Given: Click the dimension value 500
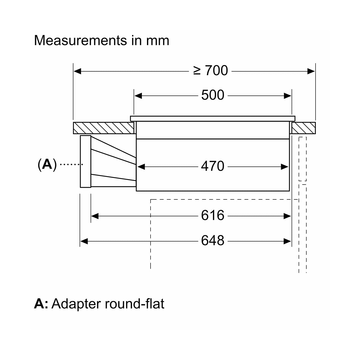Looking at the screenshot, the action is [213, 95].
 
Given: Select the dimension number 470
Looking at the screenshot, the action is [213, 166].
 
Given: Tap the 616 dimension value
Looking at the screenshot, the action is [213, 215].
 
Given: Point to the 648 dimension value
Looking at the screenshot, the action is [213, 240].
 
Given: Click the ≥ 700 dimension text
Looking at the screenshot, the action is [210, 70].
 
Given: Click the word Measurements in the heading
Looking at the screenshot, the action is [80, 40].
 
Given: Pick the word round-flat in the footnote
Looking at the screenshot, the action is [134, 303].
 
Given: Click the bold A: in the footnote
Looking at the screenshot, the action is [41, 304].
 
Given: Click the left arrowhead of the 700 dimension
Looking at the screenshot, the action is [77, 71].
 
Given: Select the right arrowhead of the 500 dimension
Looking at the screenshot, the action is [287, 96].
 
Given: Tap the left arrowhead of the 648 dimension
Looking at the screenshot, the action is [84, 241].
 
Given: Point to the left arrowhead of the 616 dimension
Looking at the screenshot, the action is [95, 216].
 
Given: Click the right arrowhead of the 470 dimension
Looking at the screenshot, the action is [284, 167].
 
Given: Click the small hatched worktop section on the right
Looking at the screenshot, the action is [304, 128].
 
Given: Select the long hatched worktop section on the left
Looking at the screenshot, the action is [103, 128].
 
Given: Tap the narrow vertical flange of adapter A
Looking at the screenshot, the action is [85, 161].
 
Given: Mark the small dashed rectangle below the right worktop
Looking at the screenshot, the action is [302, 159].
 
